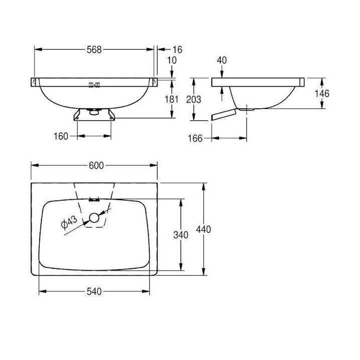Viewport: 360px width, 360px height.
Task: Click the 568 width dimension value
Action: [94, 50]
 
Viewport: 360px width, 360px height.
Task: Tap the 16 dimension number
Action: [177, 50]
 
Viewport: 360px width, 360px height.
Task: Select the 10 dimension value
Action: [172, 60]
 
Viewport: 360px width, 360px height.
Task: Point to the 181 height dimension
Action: [172, 99]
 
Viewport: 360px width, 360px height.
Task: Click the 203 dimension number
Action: [194, 99]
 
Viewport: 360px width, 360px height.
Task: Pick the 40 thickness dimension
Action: [222, 60]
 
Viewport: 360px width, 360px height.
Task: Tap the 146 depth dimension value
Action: [322, 93]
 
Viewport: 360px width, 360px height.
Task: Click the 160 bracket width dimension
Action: [61, 136]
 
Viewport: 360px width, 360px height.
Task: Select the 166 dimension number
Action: [195, 138]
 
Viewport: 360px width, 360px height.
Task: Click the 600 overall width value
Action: [96, 165]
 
